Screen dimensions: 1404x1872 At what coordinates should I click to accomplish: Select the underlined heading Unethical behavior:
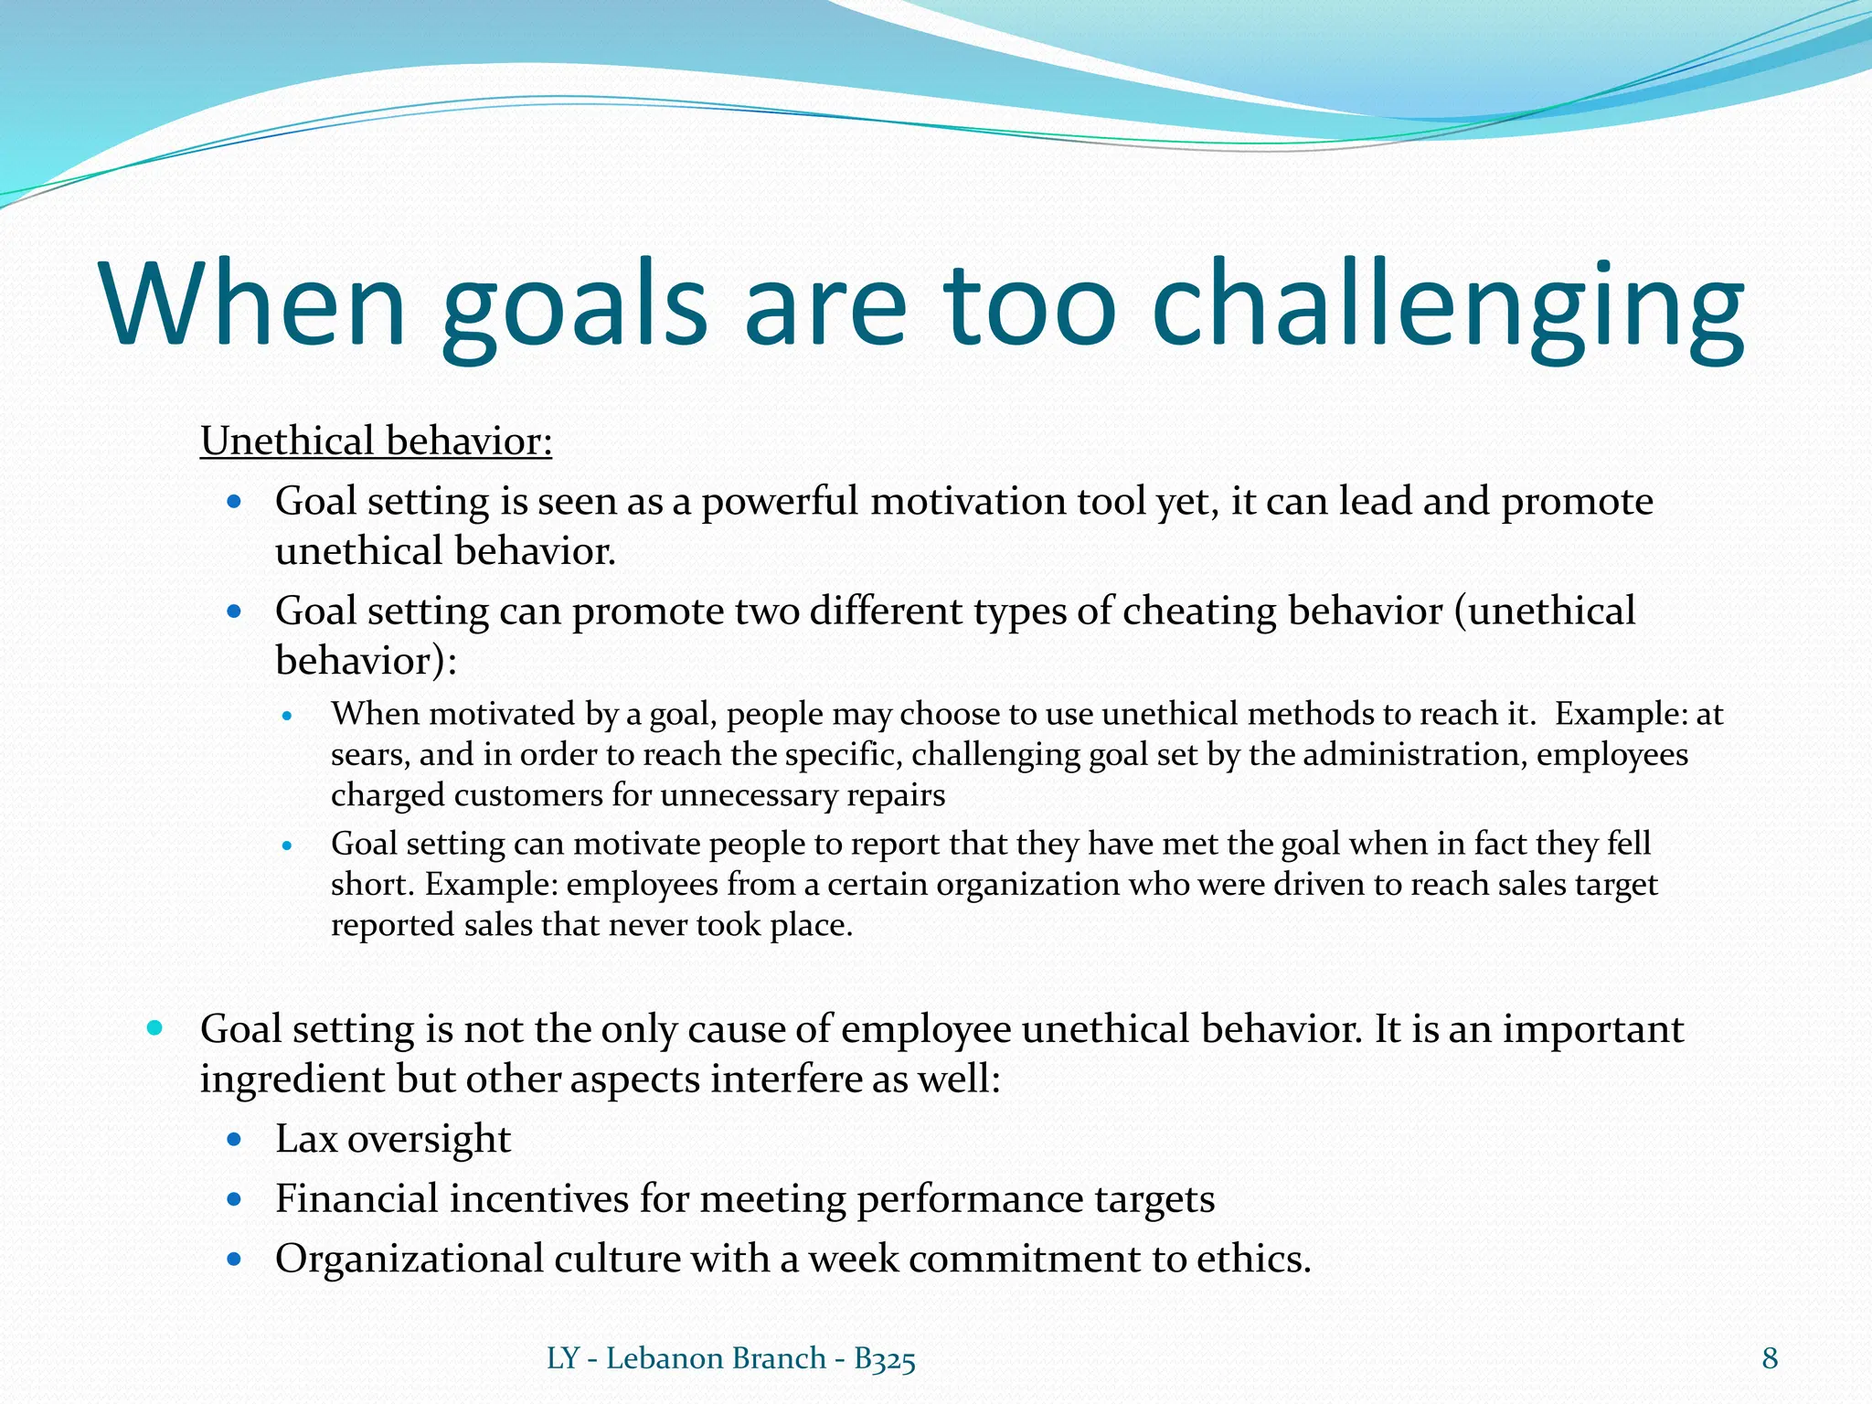376,441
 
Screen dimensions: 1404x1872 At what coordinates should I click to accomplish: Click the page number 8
1770,1358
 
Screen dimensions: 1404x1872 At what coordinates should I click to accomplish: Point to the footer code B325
884,1359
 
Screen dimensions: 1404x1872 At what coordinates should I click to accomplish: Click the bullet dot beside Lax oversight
235,1140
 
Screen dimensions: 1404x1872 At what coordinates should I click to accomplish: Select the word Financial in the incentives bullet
356,1199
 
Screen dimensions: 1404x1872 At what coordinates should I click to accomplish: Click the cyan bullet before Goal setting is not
154,1028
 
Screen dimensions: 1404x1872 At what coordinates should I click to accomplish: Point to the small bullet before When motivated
287,716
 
